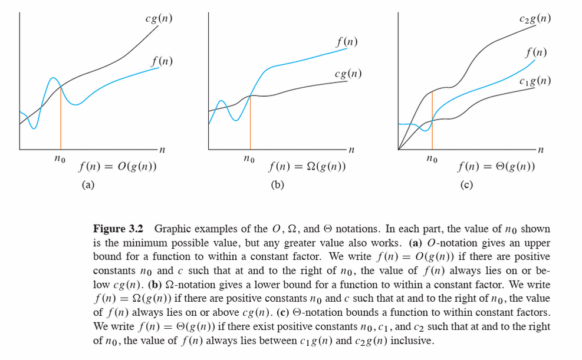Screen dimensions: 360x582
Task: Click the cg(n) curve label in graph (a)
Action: (x=159, y=19)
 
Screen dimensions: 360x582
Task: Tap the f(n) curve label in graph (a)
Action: (x=162, y=61)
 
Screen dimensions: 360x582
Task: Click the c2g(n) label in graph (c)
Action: (x=535, y=19)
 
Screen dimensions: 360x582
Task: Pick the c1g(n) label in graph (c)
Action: (x=535, y=81)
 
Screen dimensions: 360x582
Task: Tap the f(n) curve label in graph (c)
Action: (x=535, y=53)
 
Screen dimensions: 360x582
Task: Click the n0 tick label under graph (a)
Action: (x=60, y=159)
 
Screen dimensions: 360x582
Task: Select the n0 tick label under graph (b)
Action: (x=249, y=159)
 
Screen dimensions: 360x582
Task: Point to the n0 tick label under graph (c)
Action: (x=432, y=159)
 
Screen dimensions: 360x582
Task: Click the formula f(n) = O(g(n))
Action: (x=117, y=167)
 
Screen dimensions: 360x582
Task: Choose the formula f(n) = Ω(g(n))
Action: (x=307, y=167)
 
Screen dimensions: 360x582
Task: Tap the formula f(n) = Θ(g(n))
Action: (x=496, y=167)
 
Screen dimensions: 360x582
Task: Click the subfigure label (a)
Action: (x=88, y=185)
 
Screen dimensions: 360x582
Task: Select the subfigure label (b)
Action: (x=277, y=185)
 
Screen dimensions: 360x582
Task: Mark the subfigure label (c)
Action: (x=466, y=185)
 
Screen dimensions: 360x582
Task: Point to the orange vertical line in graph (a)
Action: (x=61, y=118)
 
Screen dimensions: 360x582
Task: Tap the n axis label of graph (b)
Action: (x=351, y=150)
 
